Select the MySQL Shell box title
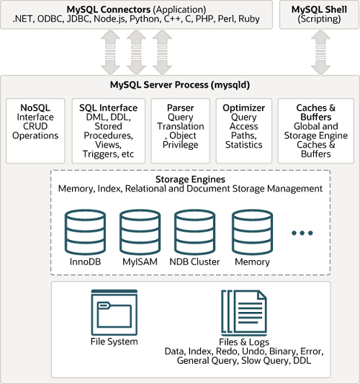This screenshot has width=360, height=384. point(318,8)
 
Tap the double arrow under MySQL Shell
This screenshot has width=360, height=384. point(318,53)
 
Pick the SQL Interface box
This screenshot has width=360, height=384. point(108,130)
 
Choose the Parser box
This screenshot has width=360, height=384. point(179,130)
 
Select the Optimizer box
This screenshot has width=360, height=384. point(243,130)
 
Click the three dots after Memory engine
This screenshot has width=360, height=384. point(302,233)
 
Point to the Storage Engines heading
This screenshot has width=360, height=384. point(190,179)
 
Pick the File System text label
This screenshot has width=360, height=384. point(114,341)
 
